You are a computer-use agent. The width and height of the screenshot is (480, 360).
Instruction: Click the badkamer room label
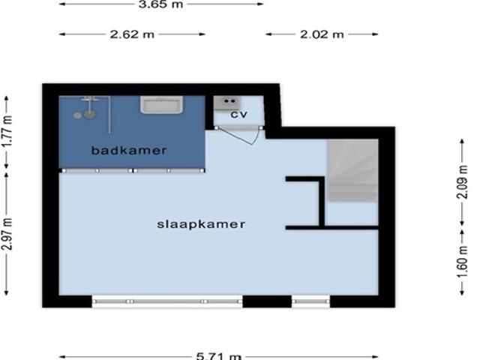pyautogui.click(x=129, y=150)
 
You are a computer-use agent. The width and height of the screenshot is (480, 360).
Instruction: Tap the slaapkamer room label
pyautogui.click(x=201, y=224)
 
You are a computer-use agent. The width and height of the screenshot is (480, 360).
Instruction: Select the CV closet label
pyautogui.click(x=238, y=115)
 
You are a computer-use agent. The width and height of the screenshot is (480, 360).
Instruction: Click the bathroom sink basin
pyautogui.click(x=162, y=105)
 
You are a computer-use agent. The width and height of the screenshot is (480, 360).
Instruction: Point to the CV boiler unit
pyautogui.click(x=226, y=103)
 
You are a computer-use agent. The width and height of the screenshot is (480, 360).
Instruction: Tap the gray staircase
pyautogui.click(x=353, y=170)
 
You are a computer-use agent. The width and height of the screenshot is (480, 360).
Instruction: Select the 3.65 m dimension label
pyautogui.click(x=160, y=4)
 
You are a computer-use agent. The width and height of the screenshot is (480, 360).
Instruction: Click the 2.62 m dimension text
pyautogui.click(x=132, y=34)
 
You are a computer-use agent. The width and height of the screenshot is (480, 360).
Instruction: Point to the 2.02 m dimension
pyautogui.click(x=322, y=34)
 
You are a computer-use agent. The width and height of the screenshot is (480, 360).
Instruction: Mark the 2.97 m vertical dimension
pyautogui.click(x=7, y=234)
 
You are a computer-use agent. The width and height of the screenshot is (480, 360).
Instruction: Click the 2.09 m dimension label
pyautogui.click(x=462, y=182)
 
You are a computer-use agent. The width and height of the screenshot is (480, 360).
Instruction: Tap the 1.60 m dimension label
pyautogui.click(x=462, y=262)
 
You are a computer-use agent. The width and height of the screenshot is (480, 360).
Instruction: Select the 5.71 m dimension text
pyautogui.click(x=218, y=356)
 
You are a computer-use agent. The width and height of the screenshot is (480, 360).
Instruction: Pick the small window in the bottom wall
pyautogui.click(x=311, y=301)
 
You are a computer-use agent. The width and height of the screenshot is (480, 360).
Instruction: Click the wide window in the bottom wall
pyautogui.click(x=167, y=301)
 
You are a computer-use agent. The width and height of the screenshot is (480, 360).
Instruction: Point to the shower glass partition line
pyautogui.click(x=109, y=115)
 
